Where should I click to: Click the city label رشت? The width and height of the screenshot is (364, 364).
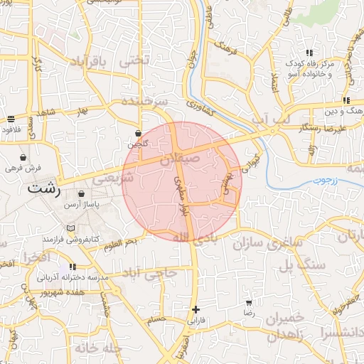44,190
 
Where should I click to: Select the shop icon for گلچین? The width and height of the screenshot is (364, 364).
138,133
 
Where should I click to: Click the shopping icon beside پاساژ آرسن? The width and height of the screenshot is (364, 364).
81,193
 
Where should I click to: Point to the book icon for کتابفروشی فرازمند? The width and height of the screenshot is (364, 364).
70,228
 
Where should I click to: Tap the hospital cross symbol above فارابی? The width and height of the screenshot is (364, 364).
196,309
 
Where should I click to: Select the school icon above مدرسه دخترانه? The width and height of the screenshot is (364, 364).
73,267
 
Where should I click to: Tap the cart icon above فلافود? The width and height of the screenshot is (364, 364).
11,119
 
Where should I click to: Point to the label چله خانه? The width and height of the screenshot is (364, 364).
95,349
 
